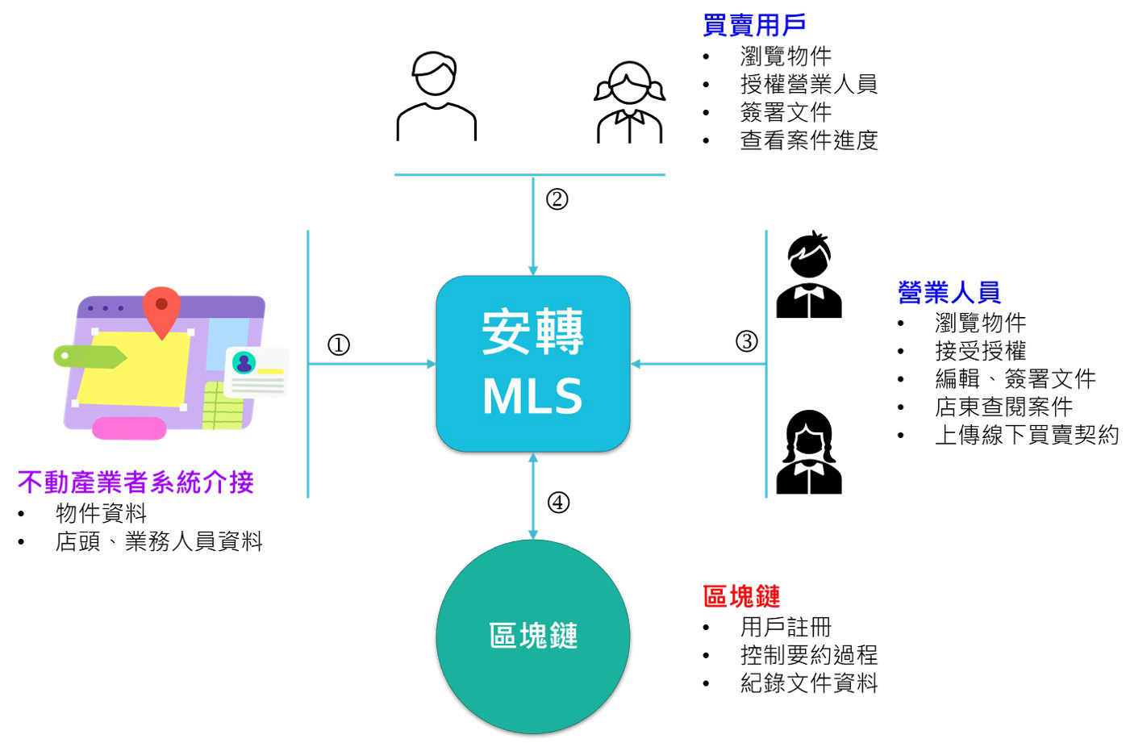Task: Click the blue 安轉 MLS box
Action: pyautogui.click(x=532, y=363)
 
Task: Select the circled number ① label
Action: pyautogui.click(x=339, y=345)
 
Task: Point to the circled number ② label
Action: pyautogui.click(x=557, y=199)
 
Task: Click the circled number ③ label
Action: pyautogui.click(x=746, y=341)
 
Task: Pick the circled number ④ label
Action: pyautogui.click(x=558, y=503)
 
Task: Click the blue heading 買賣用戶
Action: pyautogui.click(x=754, y=25)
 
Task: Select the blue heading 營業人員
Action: pyautogui.click(x=949, y=292)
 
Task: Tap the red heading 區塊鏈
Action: pyautogui.click(x=741, y=596)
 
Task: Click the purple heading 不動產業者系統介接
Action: pyautogui.click(x=136, y=482)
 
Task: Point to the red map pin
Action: pyautogui.click(x=161, y=311)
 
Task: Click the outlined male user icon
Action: pyautogui.click(x=436, y=97)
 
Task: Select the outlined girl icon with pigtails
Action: pyautogui.click(x=630, y=102)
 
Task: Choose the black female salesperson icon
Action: pyautogui.click(x=809, y=453)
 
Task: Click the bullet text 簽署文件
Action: pyautogui.click(x=786, y=112)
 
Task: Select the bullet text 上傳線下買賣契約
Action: pyautogui.click(x=1026, y=435)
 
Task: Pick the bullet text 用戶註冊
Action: pyautogui.click(x=786, y=627)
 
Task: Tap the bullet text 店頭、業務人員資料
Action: pyautogui.click(x=159, y=541)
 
